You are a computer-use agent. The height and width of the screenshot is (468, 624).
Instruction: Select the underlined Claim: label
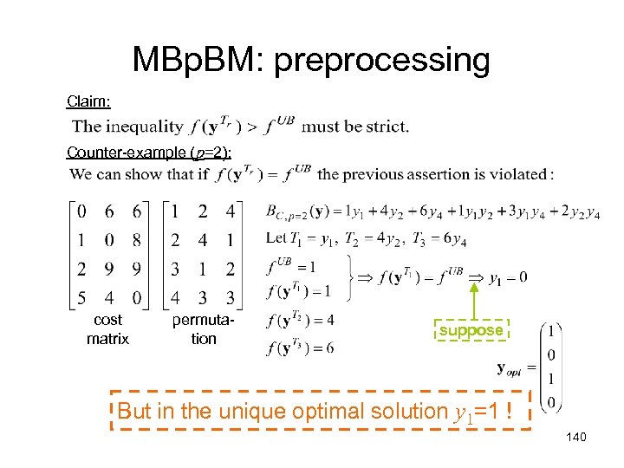coord(89,101)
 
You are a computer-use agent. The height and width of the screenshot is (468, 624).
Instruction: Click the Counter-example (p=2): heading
coord(148,153)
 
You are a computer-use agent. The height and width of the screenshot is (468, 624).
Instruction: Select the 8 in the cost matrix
coord(137,240)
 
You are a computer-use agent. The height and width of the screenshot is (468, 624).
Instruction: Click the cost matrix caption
coord(107,329)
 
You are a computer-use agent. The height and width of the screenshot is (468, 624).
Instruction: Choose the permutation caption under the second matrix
coord(204,329)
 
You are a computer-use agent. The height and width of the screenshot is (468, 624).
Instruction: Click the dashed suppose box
coord(471,330)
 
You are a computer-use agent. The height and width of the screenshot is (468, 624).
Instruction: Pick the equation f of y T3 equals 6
coord(301,348)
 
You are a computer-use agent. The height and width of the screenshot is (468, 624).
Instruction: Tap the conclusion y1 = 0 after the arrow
coord(508,277)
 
